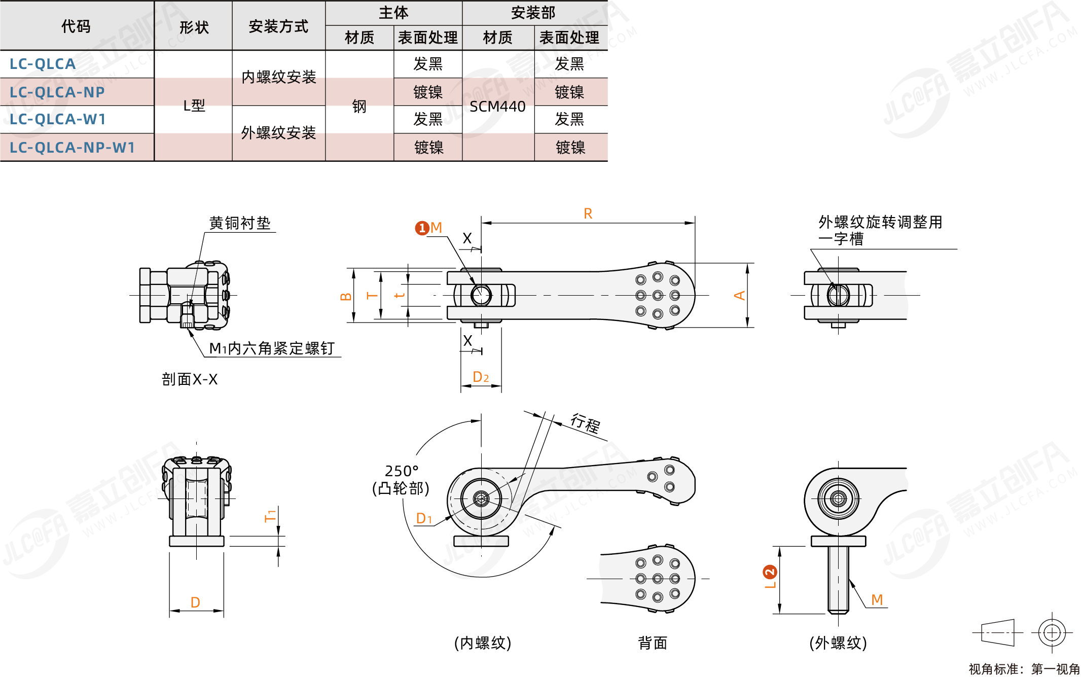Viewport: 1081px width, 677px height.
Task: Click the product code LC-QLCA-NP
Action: (x=57, y=92)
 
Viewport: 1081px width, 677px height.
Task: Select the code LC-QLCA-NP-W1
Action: (x=73, y=148)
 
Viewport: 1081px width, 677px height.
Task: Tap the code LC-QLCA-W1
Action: (x=58, y=120)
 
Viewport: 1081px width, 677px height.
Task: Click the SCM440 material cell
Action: (x=497, y=106)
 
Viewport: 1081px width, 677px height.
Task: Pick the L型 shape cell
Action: (x=194, y=105)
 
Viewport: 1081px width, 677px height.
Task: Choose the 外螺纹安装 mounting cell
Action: (x=278, y=133)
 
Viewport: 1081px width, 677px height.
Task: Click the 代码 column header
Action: (x=76, y=26)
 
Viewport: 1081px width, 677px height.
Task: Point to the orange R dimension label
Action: (x=588, y=213)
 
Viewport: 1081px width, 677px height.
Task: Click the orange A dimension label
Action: (x=739, y=295)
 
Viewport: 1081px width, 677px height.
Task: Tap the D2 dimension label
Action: (x=481, y=377)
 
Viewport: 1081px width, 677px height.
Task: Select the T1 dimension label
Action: (x=270, y=516)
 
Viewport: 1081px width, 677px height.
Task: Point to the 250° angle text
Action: (x=402, y=471)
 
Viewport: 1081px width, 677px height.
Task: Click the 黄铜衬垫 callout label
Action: (x=240, y=223)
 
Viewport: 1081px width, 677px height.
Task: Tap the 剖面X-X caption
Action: (x=190, y=379)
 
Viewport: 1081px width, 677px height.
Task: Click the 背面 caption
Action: (x=653, y=643)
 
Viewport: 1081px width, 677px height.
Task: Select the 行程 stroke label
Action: (x=585, y=423)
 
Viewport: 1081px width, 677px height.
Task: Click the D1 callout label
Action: (x=424, y=519)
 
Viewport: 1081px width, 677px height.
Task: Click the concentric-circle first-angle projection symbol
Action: (x=1052, y=632)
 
